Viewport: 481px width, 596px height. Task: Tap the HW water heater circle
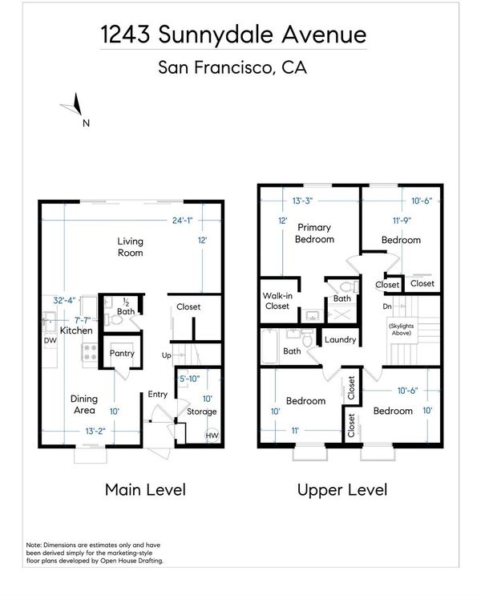click(x=212, y=436)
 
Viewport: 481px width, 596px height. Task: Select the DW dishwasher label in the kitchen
click(x=51, y=341)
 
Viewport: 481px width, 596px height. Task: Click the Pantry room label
click(x=122, y=353)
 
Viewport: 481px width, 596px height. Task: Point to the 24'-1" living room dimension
click(x=182, y=220)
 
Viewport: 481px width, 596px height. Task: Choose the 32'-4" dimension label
click(x=64, y=300)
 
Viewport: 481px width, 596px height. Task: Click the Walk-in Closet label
click(x=277, y=301)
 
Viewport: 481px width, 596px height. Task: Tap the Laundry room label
click(x=340, y=339)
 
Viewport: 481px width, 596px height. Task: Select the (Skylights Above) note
click(x=401, y=329)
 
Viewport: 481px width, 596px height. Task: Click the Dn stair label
click(x=387, y=306)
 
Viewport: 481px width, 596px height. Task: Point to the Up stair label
click(x=167, y=355)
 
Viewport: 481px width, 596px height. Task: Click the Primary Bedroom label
click(x=314, y=233)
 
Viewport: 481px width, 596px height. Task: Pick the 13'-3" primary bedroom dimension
click(x=302, y=201)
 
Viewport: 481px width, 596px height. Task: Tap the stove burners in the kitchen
click(x=90, y=352)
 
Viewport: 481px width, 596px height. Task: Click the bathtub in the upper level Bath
click(x=270, y=347)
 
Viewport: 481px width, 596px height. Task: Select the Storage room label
click(x=202, y=412)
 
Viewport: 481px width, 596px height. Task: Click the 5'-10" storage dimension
click(x=189, y=379)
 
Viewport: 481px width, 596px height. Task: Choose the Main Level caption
click(x=146, y=489)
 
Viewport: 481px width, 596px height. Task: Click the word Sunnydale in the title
click(x=216, y=34)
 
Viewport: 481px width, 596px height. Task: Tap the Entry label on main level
click(x=158, y=394)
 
